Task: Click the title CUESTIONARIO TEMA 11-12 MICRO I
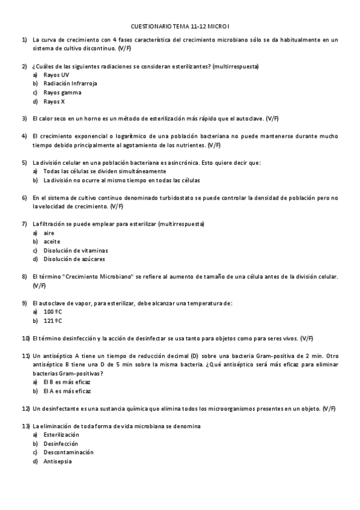[x=180, y=27]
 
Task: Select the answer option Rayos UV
[x=56, y=75]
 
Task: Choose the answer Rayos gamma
[x=63, y=92]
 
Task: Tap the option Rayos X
[x=54, y=101]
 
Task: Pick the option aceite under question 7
[x=52, y=241]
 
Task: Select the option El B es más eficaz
[x=67, y=382]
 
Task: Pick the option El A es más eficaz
[x=67, y=391]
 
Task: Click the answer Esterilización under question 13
[x=61, y=434]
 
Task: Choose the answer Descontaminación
[x=68, y=452]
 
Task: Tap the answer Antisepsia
[x=57, y=461]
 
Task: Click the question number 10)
[x=26, y=338]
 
